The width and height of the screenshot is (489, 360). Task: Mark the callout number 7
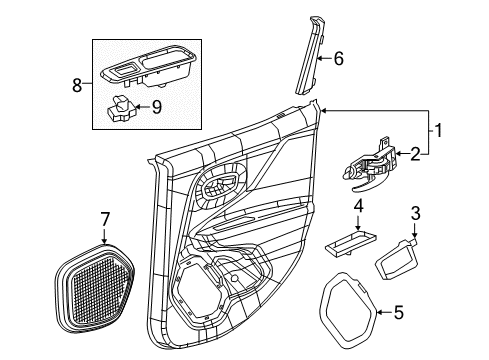click(105, 218)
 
